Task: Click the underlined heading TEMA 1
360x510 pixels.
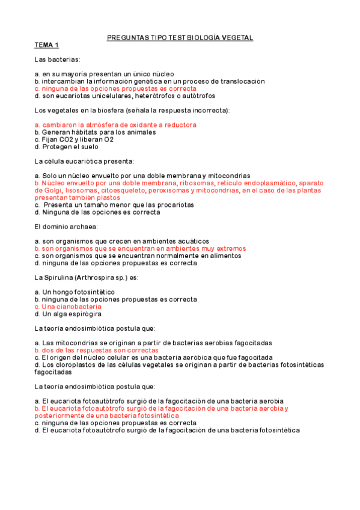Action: pos(46,45)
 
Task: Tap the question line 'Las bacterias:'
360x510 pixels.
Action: pos(57,59)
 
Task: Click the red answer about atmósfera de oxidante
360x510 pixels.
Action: pos(115,124)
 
